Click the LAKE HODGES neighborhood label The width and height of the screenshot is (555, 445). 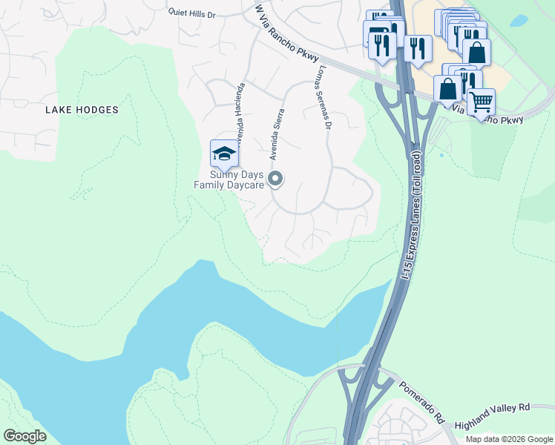(x=82, y=110)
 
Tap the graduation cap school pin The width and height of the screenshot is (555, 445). (x=224, y=154)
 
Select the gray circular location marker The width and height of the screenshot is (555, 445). (x=276, y=179)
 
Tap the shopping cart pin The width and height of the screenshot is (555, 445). (x=482, y=102)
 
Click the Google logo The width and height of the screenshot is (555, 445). (x=24, y=435)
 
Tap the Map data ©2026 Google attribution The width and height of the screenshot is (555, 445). (x=509, y=439)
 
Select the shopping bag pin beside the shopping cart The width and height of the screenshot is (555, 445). (x=448, y=88)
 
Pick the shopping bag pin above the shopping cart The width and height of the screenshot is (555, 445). (x=476, y=52)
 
